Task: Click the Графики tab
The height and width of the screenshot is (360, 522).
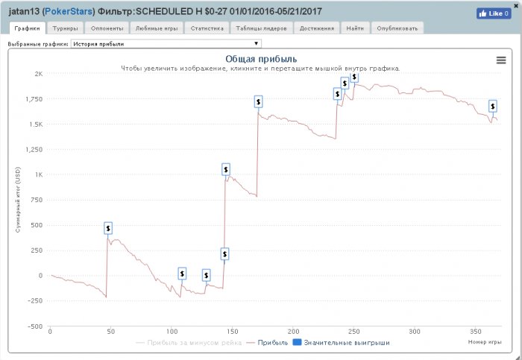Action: click(27, 28)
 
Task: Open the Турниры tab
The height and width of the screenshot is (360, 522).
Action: click(65, 28)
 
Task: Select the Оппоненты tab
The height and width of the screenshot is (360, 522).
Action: click(105, 28)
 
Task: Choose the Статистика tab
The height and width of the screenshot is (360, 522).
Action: click(207, 28)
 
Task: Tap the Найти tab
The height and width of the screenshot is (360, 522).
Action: click(356, 28)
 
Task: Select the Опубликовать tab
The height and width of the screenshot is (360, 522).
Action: click(398, 28)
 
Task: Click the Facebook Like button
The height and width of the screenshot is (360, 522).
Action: click(493, 13)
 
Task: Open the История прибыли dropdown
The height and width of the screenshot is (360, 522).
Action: click(166, 44)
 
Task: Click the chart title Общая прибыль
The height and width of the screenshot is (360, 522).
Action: click(261, 59)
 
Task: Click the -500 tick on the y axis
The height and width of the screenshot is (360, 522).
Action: click(35, 326)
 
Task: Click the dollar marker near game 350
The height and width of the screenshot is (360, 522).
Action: click(493, 106)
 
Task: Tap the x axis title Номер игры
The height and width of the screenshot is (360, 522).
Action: click(482, 341)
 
